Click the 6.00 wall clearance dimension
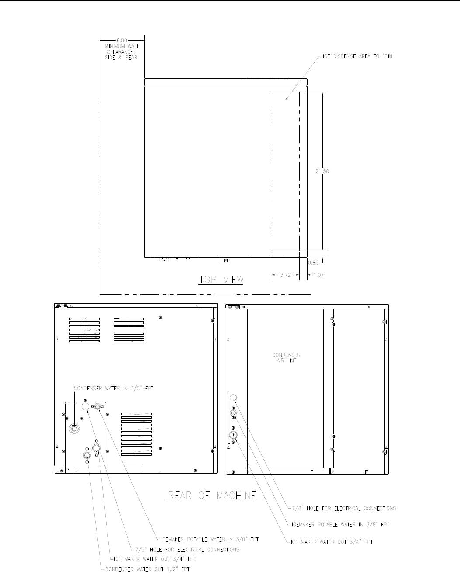(122, 41)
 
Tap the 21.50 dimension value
(322, 171)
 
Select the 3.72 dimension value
(285, 275)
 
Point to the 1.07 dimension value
(318, 275)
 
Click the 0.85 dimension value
(313, 263)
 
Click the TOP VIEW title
(221, 280)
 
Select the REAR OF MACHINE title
(212, 495)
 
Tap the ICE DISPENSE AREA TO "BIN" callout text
(358, 56)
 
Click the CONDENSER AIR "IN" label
(286, 358)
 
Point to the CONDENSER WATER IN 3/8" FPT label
(114, 388)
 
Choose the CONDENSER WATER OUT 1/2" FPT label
(147, 569)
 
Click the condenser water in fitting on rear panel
(74, 429)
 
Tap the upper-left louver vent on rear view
(84, 330)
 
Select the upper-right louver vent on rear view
(129, 330)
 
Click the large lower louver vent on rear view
(136, 434)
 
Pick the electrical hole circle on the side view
(233, 398)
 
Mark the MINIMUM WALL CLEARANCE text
(122, 52)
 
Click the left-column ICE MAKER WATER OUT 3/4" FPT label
(155, 559)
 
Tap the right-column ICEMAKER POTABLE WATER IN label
(341, 525)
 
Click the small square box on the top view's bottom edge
(225, 261)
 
